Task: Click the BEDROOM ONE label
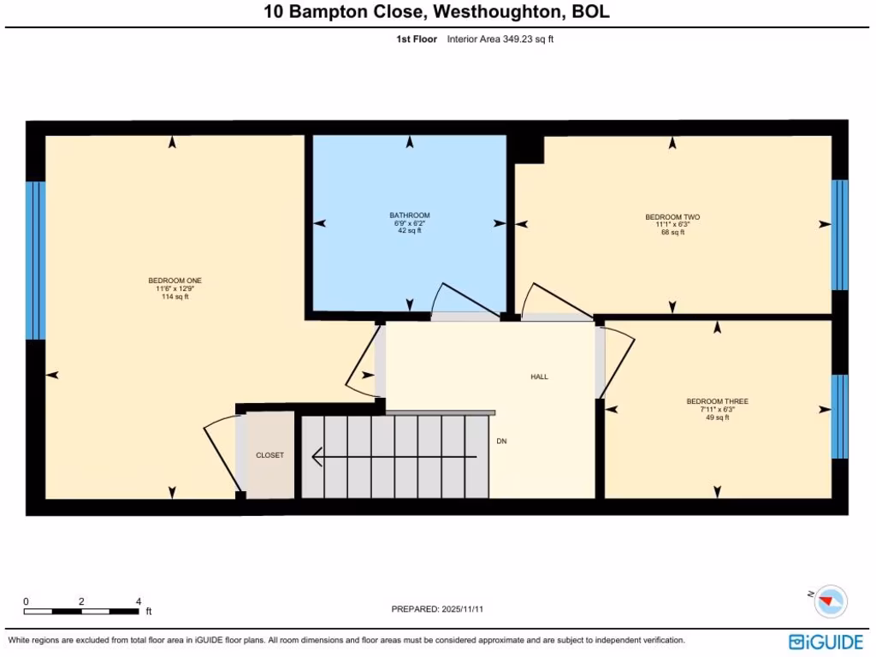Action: [175, 281]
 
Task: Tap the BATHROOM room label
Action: [409, 216]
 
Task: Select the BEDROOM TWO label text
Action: [672, 217]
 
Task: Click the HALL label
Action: [539, 376]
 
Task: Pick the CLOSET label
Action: [269, 455]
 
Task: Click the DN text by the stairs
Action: [502, 441]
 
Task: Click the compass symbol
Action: [829, 601]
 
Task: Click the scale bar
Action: [81, 612]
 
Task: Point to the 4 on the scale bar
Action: [138, 601]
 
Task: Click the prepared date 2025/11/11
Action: [468, 609]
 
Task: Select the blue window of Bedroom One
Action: [35, 260]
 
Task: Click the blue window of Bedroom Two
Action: [840, 234]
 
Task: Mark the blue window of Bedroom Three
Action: [840, 416]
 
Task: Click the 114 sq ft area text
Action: [175, 297]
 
